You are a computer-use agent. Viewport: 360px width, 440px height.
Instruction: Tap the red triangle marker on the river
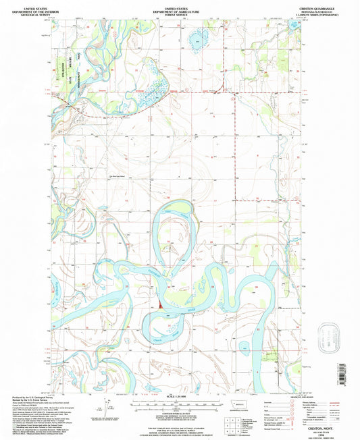161,304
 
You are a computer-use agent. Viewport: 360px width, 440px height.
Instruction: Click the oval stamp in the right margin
328,334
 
